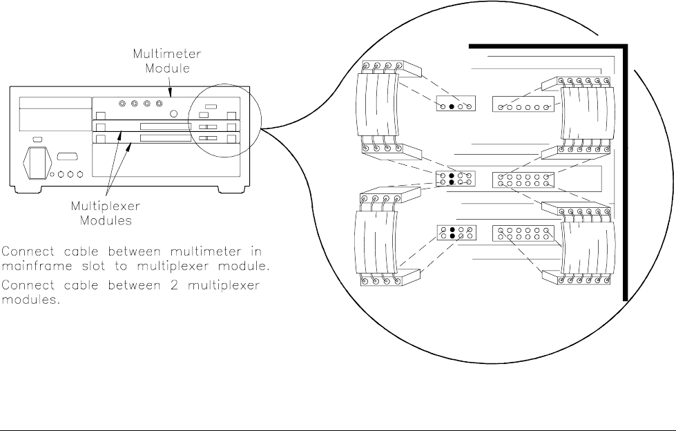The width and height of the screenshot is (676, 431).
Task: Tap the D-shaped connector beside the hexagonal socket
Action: click(66, 156)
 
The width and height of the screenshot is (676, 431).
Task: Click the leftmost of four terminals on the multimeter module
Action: click(123, 104)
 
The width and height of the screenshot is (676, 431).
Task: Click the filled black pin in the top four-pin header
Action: click(452, 106)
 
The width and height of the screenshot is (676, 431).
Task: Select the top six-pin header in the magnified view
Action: click(523, 106)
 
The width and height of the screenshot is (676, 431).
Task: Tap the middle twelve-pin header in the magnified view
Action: click(523, 180)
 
